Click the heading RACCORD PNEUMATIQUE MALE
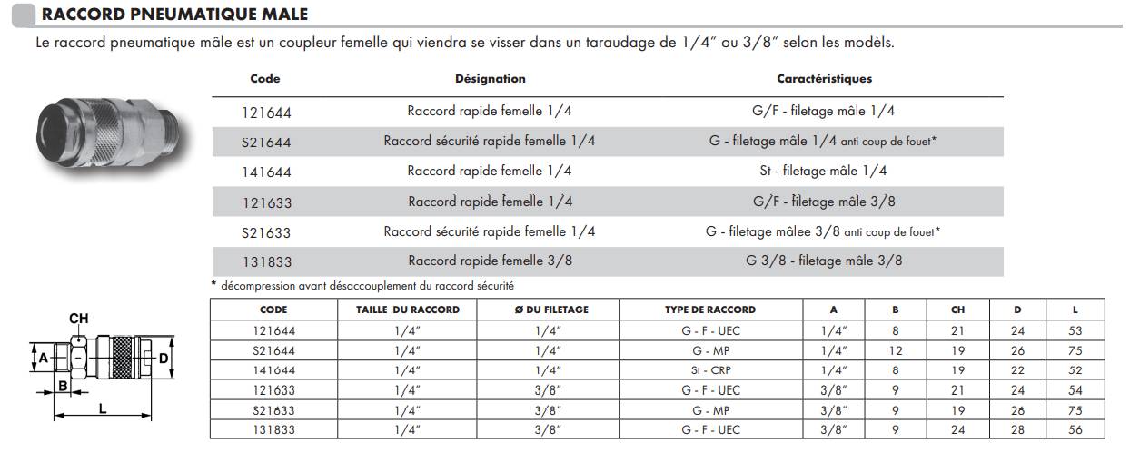coord(174,15)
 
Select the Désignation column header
coord(490,79)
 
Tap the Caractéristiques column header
coord(824,79)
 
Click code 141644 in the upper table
coord(267,172)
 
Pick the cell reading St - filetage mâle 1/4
coord(823,172)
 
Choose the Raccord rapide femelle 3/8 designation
coord(490,261)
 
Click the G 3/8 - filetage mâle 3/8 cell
coord(823,261)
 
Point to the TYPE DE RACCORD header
coord(709,310)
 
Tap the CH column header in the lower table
coord(957,310)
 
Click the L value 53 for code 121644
coord(1075,332)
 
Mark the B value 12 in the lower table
coord(895,350)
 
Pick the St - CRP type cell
coord(709,370)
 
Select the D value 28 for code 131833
coord(1017,430)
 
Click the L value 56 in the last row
coord(1075,430)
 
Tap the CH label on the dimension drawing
coord(79,319)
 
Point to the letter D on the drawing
coord(164,359)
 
